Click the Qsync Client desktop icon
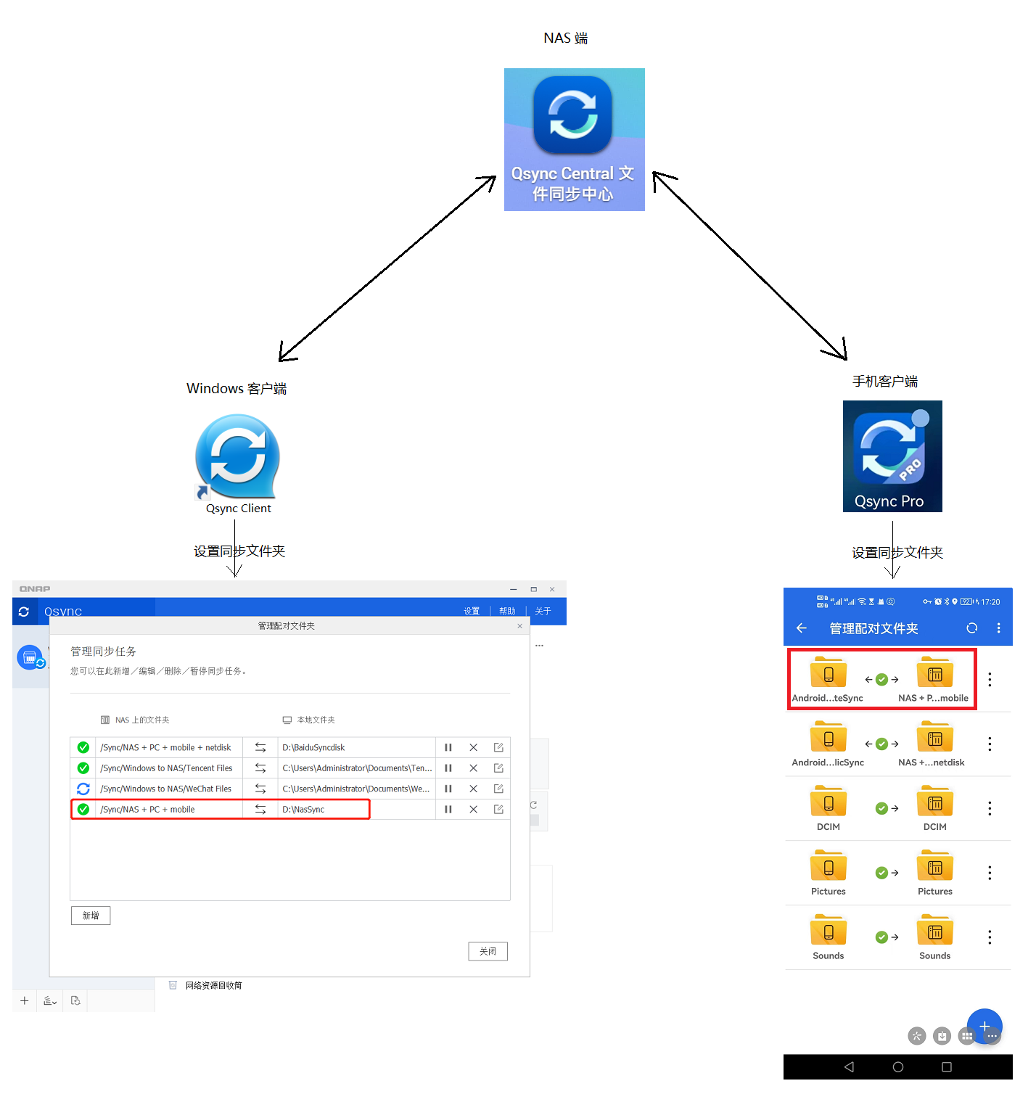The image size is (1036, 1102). (237, 458)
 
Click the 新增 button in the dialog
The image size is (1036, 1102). (91, 916)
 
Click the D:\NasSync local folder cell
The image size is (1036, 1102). (323, 810)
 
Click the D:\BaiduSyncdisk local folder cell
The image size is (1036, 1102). (355, 747)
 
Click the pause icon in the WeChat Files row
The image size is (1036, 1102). (448, 789)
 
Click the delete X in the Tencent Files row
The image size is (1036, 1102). (473, 768)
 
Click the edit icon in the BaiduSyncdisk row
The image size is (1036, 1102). (498, 747)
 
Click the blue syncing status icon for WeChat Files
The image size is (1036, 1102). (83, 789)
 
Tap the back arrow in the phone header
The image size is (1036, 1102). (802, 628)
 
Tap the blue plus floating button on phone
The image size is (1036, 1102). (984, 1026)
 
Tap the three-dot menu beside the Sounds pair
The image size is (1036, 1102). (990, 937)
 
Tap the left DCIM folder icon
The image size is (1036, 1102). (829, 803)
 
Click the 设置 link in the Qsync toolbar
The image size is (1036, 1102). (472, 612)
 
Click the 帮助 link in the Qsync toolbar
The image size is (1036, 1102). (507, 612)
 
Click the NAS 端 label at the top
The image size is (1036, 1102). (565, 38)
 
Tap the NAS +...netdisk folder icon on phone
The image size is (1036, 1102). (935, 739)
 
